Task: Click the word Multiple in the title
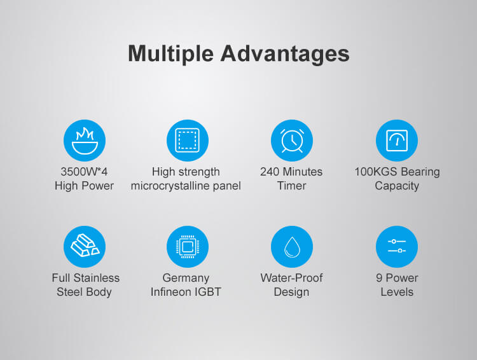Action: (170, 54)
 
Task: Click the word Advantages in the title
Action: (285, 54)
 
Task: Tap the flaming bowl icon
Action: (85, 141)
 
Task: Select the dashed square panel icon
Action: (188, 141)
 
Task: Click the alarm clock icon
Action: (292, 141)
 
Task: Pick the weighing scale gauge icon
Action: (397, 141)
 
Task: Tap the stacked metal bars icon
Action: (85, 247)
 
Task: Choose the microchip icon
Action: (188, 247)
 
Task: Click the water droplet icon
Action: (292, 247)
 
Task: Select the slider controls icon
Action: (397, 247)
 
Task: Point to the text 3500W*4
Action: (84, 172)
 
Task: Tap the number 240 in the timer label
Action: (270, 172)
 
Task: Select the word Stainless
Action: (97, 278)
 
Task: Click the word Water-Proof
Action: (291, 278)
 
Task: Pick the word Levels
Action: (397, 292)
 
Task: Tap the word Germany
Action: (186, 278)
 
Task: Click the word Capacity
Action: (397, 186)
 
